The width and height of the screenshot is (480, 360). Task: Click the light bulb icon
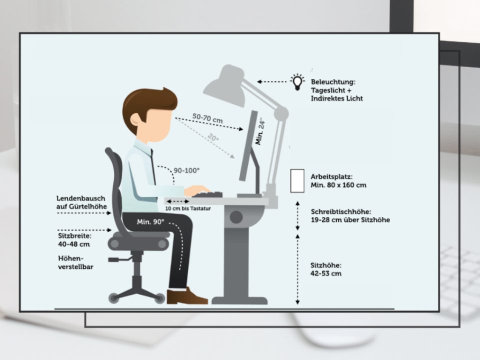point(297,81)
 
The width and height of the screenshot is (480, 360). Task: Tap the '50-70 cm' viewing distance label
point(207,118)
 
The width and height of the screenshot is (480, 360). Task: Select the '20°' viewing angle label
point(213,137)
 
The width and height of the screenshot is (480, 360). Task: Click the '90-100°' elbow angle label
point(186,170)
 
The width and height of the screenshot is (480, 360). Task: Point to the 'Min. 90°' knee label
point(150,221)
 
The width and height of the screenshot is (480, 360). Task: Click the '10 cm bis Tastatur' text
point(188,208)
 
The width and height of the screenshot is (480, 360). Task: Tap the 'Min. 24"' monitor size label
point(260,131)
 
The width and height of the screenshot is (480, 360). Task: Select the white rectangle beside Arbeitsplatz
point(297,181)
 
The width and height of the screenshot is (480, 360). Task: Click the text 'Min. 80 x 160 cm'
point(338,185)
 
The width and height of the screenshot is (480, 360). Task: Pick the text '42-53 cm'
point(325,273)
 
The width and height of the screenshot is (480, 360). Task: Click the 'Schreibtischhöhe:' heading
point(341,211)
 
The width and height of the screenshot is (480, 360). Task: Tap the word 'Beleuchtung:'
point(333,82)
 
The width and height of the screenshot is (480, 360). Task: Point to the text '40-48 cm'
point(74,244)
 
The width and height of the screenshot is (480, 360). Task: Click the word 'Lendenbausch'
point(80,198)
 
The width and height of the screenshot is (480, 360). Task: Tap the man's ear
point(135,119)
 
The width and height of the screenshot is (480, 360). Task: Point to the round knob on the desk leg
point(236,217)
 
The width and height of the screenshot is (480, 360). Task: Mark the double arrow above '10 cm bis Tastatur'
point(177,201)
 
